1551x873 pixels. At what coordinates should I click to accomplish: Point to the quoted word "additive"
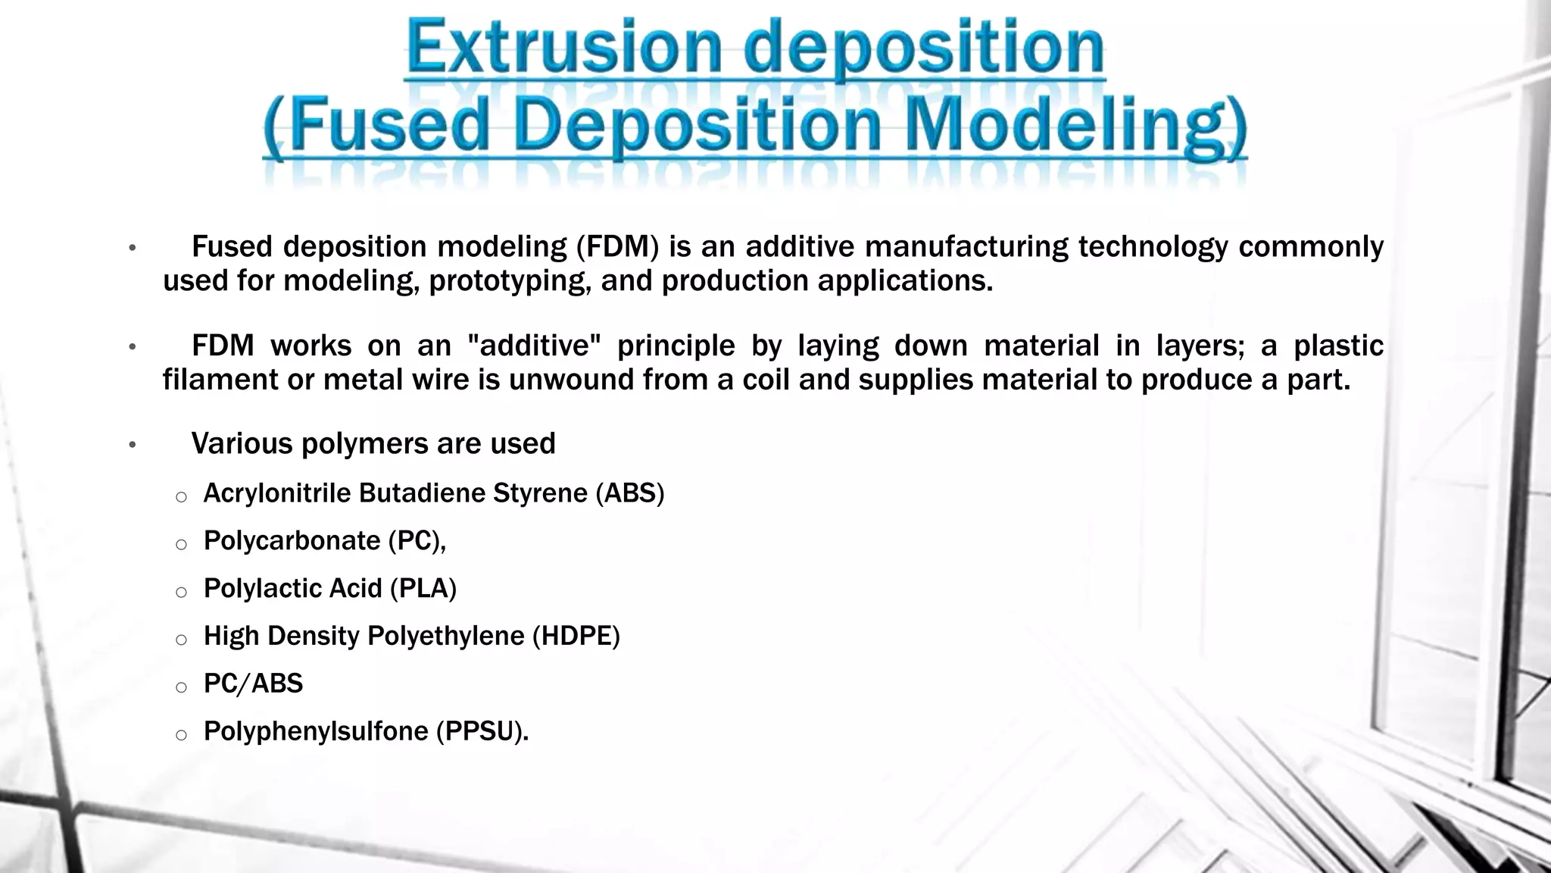(534, 346)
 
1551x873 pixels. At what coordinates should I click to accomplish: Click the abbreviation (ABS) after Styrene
(629, 493)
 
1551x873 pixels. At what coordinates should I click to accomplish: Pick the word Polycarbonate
(292, 541)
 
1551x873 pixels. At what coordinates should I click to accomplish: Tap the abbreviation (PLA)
(423, 589)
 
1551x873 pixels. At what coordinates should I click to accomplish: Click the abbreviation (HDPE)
(576, 637)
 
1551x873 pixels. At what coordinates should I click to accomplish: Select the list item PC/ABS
(253, 684)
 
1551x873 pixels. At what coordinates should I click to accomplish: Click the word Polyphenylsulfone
(316, 732)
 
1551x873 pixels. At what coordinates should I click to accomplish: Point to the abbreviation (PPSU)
(481, 732)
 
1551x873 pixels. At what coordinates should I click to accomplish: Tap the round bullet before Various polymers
(132, 445)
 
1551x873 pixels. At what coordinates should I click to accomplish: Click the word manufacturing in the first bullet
(966, 247)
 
